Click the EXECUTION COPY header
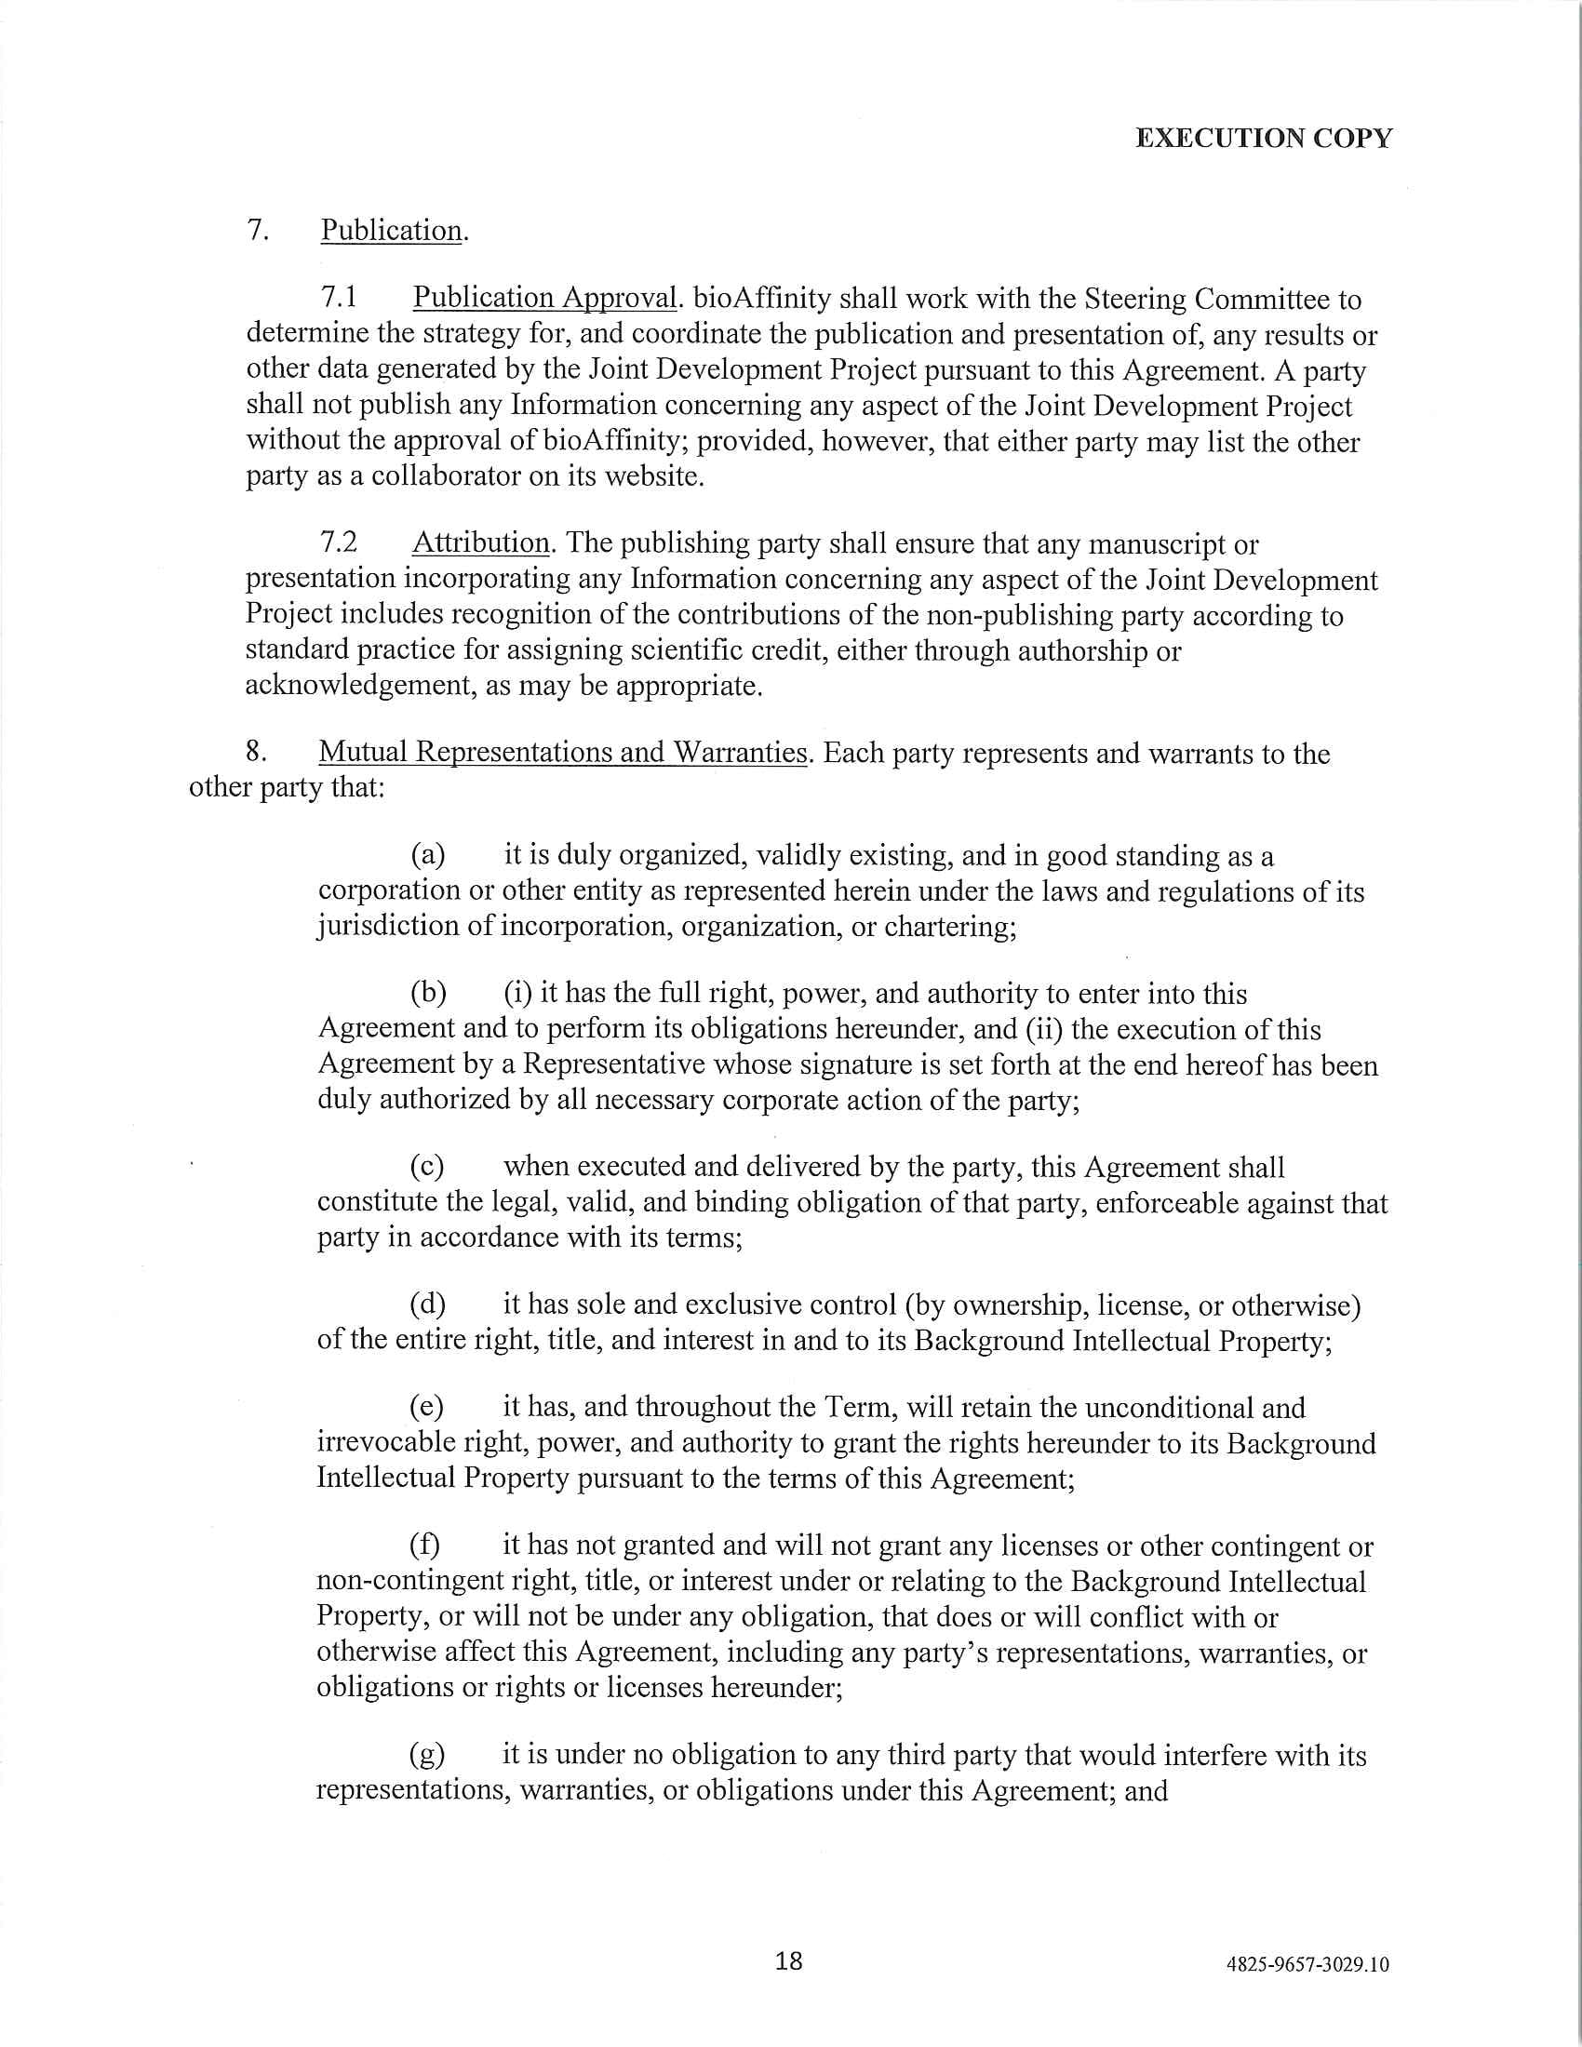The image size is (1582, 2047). pos(1264,139)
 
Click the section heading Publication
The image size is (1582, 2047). pos(392,231)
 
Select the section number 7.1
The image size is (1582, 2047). pos(340,298)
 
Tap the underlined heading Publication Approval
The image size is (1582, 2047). pos(545,298)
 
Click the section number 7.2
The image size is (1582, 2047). pos(340,543)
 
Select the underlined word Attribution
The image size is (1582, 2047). pos(481,543)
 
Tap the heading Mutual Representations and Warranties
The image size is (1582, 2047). pos(562,753)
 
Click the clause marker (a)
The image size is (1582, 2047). pos(427,855)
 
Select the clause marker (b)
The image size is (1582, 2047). pos(427,994)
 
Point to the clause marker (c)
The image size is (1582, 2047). pos(427,1167)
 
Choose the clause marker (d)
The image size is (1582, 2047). pos(427,1304)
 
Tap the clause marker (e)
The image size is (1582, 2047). pos(427,1408)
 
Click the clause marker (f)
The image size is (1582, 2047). pos(425,1545)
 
